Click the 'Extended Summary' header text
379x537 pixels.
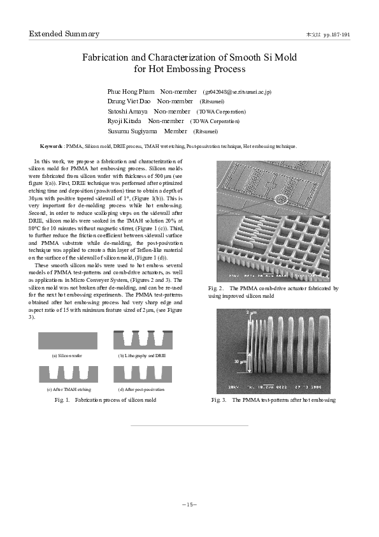click(x=64, y=34)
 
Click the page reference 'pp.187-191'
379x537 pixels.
click(x=337, y=34)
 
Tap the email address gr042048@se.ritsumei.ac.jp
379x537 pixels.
click(x=237, y=92)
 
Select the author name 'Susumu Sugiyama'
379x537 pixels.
click(x=133, y=131)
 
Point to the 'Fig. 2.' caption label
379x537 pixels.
click(x=217, y=289)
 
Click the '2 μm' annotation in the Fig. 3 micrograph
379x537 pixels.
click(x=250, y=313)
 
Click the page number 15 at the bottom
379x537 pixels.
click(x=189, y=504)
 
